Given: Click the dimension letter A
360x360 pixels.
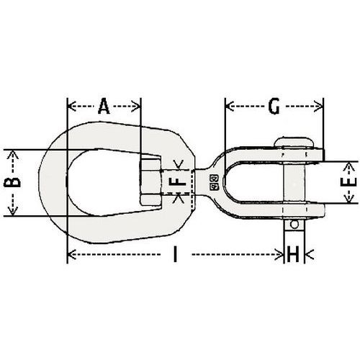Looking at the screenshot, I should [x=104, y=107].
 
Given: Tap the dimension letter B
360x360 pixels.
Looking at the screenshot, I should [x=13, y=183].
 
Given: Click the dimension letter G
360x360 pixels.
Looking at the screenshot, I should [x=273, y=107].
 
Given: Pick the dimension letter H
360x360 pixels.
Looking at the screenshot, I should [x=293, y=253].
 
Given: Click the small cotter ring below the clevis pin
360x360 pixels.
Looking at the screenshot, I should [x=292, y=226].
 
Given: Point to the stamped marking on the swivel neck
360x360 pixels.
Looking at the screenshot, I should [x=213, y=184].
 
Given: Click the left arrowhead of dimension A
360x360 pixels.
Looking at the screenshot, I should [x=69, y=107].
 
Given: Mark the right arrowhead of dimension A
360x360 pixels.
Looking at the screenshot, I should [x=138, y=107].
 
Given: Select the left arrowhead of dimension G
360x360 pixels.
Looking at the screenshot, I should [x=228, y=107].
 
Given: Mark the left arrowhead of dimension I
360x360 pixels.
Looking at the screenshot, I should [x=69, y=253].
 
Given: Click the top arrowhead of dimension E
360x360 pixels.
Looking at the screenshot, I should [x=348, y=165].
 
